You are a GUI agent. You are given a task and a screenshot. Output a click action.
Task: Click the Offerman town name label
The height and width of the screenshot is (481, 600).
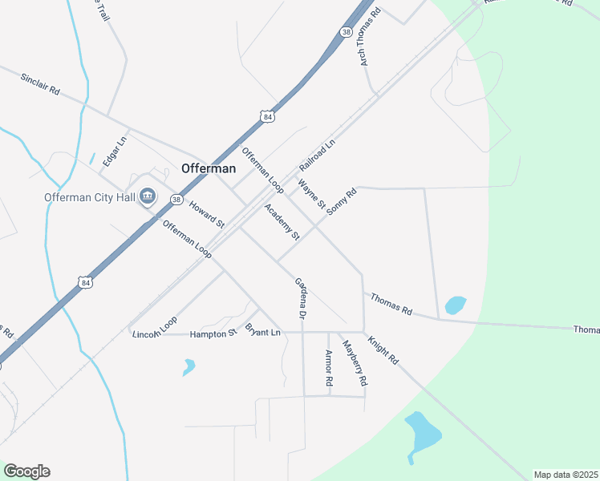(x=209, y=168)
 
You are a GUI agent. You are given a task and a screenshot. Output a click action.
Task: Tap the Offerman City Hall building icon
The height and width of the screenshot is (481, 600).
(x=148, y=196)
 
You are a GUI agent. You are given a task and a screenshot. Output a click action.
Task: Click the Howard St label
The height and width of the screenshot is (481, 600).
(x=206, y=214)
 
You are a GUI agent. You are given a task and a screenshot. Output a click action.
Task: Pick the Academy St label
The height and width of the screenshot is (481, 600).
(x=282, y=222)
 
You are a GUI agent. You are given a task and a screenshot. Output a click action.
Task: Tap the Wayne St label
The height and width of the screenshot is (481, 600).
(x=312, y=195)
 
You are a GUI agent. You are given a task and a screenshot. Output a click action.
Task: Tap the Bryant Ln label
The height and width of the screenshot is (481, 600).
(x=263, y=330)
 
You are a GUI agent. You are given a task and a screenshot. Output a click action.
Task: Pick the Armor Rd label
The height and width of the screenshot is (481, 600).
(x=328, y=369)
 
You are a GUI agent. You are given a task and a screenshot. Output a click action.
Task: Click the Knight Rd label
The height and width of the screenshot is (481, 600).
(x=383, y=350)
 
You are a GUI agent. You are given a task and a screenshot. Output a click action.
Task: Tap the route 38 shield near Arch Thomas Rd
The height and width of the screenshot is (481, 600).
(x=346, y=32)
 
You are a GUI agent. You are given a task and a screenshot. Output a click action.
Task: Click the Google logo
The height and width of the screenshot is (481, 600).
(x=26, y=471)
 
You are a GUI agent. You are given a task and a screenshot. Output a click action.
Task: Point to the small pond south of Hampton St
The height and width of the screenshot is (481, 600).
(x=189, y=367)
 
